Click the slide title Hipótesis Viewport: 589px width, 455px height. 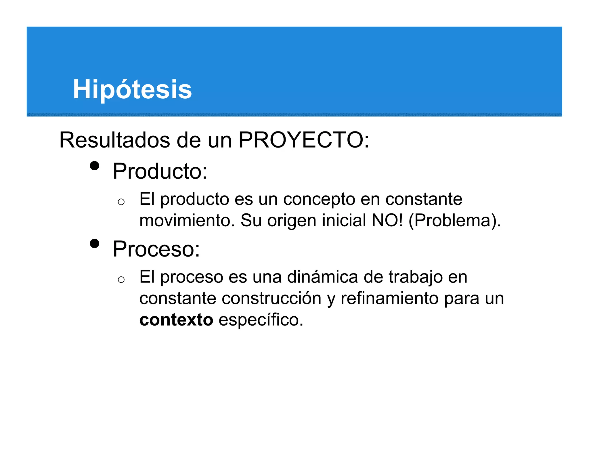(x=132, y=89)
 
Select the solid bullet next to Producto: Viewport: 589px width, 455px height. (x=94, y=166)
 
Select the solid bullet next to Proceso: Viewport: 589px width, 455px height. (x=94, y=244)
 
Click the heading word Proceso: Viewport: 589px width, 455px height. (x=156, y=249)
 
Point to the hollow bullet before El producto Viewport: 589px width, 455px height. (x=121, y=202)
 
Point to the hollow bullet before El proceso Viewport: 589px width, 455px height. (x=121, y=280)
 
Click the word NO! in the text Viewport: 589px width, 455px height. (x=387, y=220)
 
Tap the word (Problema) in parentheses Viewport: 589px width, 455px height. (x=452, y=221)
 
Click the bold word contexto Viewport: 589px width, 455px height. (x=176, y=320)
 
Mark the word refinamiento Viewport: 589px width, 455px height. (x=390, y=298)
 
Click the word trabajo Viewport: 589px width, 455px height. (x=416, y=277)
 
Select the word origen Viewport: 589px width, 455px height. (x=292, y=221)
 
